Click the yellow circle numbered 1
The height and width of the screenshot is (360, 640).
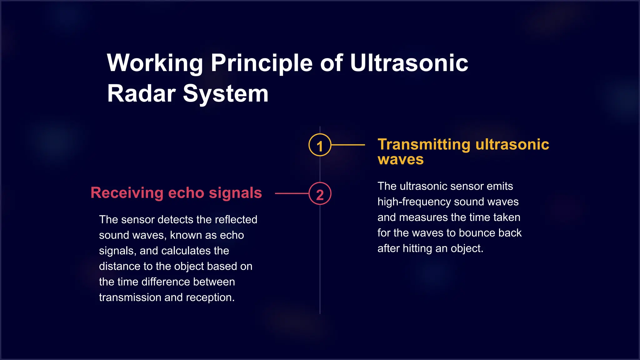pyautogui.click(x=320, y=145)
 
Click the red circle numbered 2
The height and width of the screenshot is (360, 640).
pyautogui.click(x=320, y=194)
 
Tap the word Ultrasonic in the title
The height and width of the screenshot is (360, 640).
pyautogui.click(x=409, y=63)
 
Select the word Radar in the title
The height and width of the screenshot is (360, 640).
pyautogui.click(x=141, y=93)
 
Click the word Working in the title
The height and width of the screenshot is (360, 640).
pyautogui.click(x=155, y=63)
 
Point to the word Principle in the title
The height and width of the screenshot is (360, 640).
pyautogui.click(x=262, y=63)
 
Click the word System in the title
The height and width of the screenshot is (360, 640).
pyautogui.click(x=225, y=93)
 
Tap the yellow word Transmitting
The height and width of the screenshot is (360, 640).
pyautogui.click(x=424, y=144)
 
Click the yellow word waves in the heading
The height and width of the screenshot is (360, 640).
pyautogui.click(x=401, y=159)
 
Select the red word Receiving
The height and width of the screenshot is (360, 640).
pyautogui.click(x=127, y=193)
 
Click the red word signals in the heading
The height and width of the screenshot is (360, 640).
pyautogui.click(x=235, y=193)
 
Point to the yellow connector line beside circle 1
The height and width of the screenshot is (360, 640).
pyautogui.click(x=348, y=145)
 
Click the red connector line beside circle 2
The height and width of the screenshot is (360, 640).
pyautogui.click(x=292, y=194)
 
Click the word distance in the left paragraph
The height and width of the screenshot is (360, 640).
pyautogui.click(x=119, y=266)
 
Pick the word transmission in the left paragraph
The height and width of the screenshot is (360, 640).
pyautogui.click(x=130, y=297)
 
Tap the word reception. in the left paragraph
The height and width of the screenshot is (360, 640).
pyautogui.click(x=210, y=297)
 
